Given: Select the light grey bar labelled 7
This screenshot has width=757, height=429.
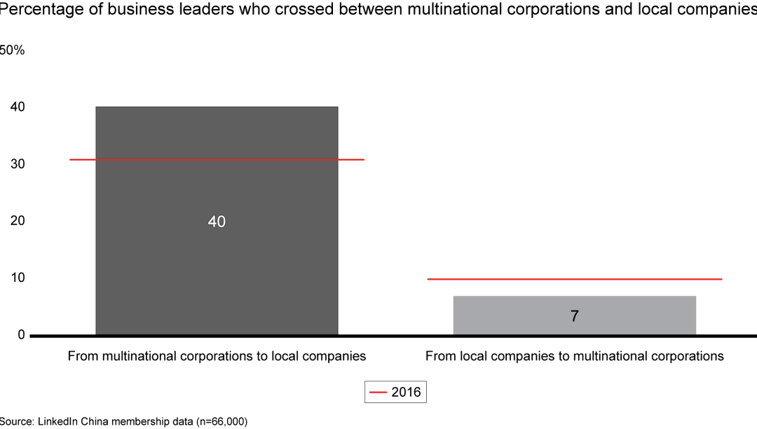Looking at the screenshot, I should (574, 306).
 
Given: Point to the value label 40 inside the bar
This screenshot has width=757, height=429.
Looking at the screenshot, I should (217, 222).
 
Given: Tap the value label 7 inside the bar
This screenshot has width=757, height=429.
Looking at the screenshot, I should (575, 316).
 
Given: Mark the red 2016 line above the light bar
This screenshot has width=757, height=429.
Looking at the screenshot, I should (574, 279).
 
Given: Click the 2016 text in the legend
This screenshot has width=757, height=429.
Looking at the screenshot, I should (407, 392).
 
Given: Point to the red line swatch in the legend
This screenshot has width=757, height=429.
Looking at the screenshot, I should (378, 393).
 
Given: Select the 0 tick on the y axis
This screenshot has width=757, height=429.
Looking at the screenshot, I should (20, 335).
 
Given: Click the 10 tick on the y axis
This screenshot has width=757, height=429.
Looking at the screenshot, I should (18, 278).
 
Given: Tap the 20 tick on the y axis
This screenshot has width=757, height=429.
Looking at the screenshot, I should (18, 221).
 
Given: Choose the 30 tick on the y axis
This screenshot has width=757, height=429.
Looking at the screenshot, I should (18, 164).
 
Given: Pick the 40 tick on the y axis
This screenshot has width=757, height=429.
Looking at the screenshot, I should (18, 107).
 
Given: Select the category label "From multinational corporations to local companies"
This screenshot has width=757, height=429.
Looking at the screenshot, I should (217, 356).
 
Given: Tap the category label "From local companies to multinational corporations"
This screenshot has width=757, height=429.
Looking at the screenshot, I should (574, 356).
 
